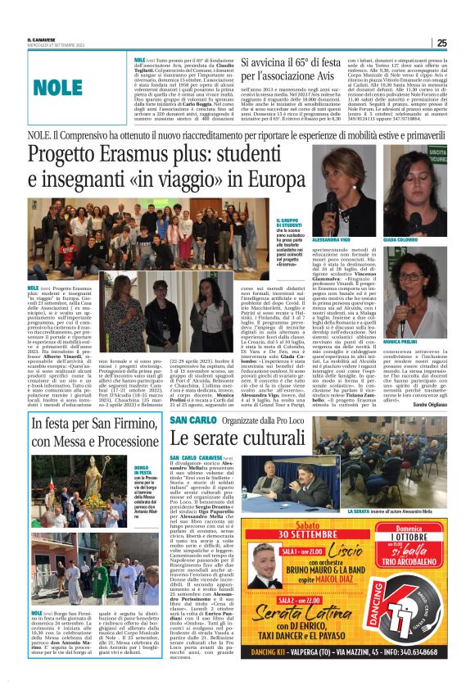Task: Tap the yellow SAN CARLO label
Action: (x=193, y=420)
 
